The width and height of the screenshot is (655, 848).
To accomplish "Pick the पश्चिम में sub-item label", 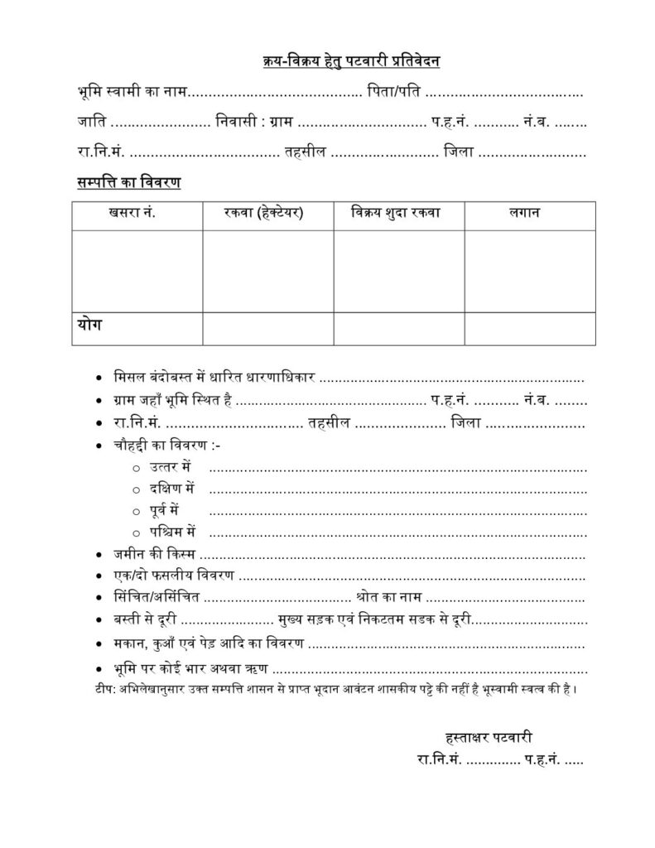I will (173, 531).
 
